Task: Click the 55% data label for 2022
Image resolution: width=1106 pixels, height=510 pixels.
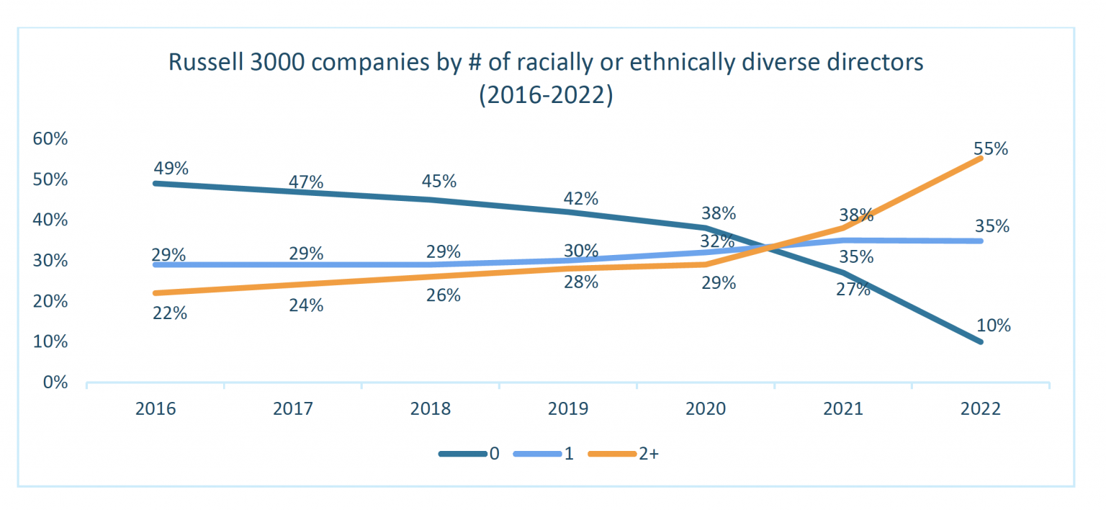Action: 990,149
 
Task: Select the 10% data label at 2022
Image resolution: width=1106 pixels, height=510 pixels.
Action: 993,326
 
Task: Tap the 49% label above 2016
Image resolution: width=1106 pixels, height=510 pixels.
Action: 171,169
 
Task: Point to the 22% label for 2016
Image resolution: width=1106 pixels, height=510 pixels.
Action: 170,313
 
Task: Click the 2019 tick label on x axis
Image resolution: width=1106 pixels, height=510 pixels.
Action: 568,409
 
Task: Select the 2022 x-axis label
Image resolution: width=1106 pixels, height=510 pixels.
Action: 981,409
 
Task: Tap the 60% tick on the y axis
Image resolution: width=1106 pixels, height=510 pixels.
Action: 50,139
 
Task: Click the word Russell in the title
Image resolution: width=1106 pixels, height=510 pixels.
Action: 205,63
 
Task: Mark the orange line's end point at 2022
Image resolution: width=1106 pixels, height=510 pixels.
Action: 981,158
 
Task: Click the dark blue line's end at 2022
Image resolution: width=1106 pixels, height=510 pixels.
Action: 981,341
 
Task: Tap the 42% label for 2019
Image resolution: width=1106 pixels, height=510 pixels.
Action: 581,198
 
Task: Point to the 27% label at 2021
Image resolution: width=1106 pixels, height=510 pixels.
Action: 853,290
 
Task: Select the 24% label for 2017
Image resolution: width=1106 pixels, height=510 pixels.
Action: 306,305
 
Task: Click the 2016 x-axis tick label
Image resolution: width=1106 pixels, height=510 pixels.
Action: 156,409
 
